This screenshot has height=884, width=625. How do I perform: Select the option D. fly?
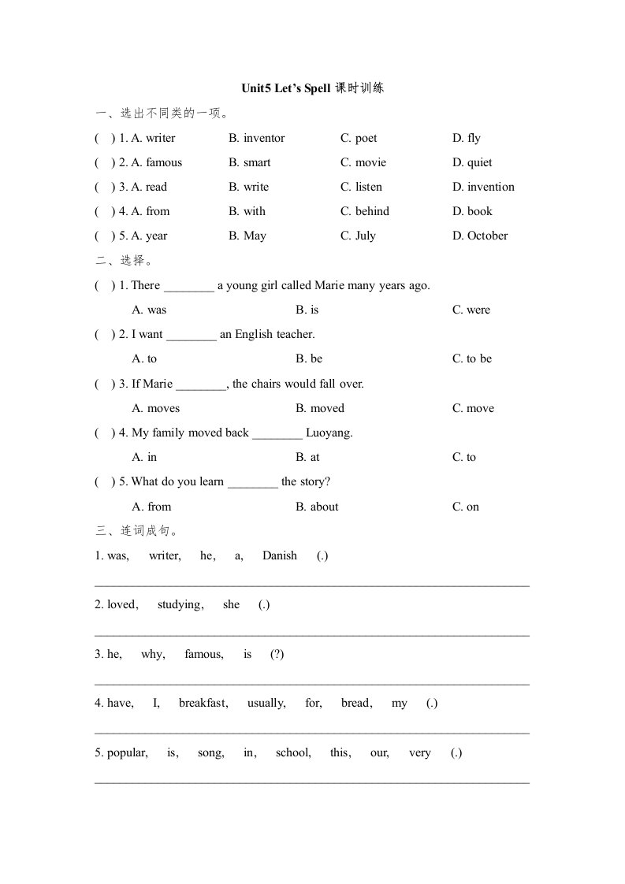pos(466,138)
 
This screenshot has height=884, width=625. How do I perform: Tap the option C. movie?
pos(363,162)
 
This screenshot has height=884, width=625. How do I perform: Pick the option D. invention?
pos(482,187)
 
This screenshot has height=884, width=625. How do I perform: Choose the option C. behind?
pos(365,211)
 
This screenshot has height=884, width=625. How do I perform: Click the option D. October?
pos(479,236)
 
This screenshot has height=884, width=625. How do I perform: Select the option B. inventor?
pos(257,138)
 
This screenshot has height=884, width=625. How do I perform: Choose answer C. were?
pos(471,310)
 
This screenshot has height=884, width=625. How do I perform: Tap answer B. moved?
pos(320,408)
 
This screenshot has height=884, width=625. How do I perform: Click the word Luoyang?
pos(329,433)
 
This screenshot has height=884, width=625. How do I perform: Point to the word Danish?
pos(280,555)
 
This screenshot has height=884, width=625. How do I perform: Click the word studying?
pos(180,604)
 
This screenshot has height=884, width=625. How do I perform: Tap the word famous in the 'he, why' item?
pos(203,654)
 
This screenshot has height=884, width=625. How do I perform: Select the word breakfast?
pos(203,703)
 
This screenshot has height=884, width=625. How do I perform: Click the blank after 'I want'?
pos(192,335)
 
